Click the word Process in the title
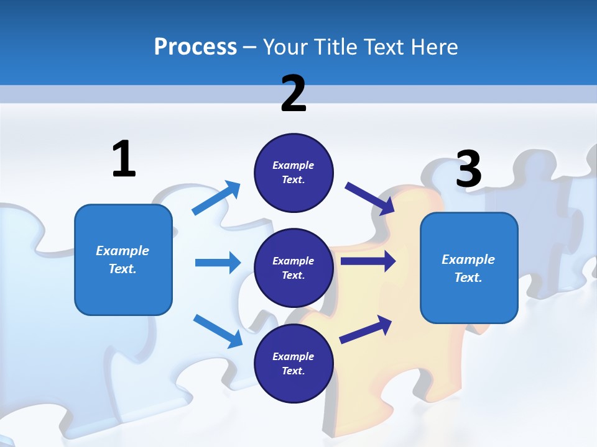(195, 47)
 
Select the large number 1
(124, 159)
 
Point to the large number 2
(294, 93)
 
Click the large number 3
(468, 169)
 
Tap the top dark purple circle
(294, 173)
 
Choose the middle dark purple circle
(294, 268)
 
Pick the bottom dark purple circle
(294, 363)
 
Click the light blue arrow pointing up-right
(216, 198)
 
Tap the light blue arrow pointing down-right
(218, 331)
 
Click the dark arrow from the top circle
(370, 199)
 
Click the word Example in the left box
(123, 251)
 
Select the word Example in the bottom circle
(294, 356)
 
